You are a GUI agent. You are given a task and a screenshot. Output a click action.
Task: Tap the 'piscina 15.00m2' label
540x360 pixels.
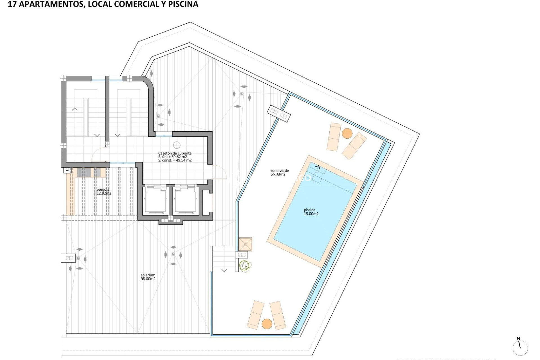[311, 212]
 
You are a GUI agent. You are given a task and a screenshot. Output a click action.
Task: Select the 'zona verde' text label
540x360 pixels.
[280, 170]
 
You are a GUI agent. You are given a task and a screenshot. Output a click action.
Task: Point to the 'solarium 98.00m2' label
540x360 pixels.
[148, 277]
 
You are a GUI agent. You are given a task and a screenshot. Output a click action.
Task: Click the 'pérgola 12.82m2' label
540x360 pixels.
[104, 191]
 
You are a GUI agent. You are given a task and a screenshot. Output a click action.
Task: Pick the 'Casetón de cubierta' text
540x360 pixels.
[175, 153]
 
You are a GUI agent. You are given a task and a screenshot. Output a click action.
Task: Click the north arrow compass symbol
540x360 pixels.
[520, 347]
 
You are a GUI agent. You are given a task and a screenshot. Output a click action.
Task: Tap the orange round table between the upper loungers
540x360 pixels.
[347, 133]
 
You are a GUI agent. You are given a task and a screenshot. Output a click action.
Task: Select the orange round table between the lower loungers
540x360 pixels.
[267, 324]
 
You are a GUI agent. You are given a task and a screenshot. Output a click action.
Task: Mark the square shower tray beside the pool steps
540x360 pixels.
[245, 244]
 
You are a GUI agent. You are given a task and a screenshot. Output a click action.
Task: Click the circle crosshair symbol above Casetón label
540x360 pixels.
[177, 145]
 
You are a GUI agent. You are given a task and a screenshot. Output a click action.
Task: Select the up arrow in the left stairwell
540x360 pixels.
[75, 109]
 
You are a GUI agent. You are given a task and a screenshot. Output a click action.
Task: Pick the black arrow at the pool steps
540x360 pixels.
[318, 167]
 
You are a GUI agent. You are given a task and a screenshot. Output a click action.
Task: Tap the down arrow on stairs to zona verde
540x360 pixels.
[224, 271]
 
